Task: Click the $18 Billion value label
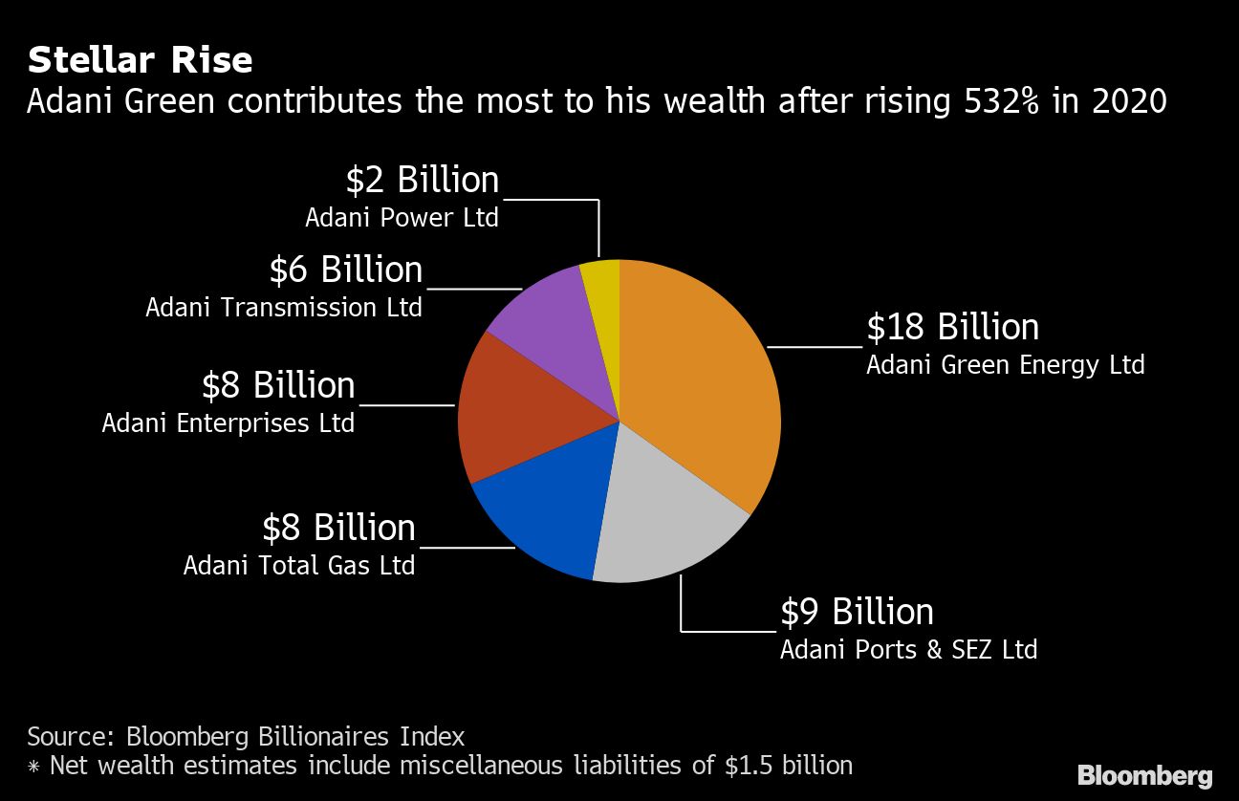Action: [x=952, y=327]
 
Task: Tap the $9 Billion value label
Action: [x=857, y=612]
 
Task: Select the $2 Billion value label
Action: [x=422, y=181]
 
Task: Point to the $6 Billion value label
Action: [x=345, y=271]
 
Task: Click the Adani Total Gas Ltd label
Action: [x=299, y=565]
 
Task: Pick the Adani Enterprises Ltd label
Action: [x=228, y=422]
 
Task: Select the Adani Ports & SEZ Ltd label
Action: [x=908, y=650]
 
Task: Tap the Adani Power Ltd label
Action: [x=402, y=218]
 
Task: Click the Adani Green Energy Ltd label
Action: [x=1005, y=365]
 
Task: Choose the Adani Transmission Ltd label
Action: [x=284, y=308]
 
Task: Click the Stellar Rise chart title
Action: [x=140, y=60]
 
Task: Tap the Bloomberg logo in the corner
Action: [x=1144, y=775]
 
